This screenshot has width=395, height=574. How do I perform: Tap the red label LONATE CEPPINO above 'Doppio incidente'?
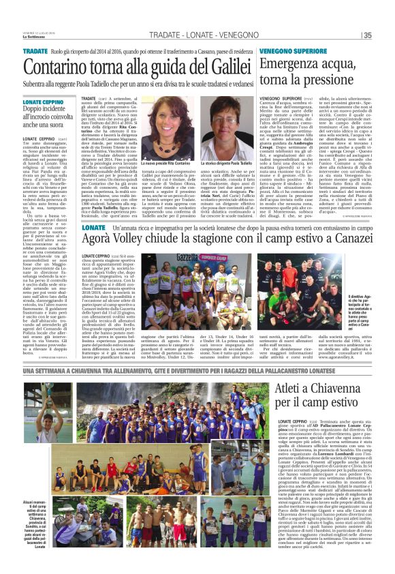[x=44, y=101]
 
